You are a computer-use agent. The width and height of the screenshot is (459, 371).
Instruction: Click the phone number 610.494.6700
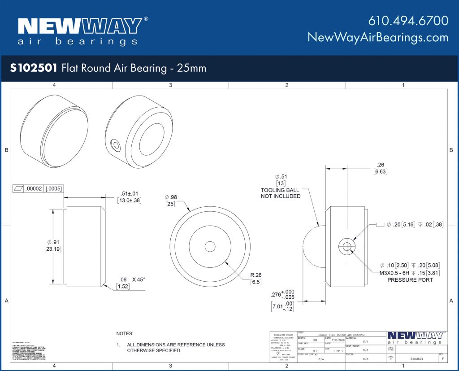(x=408, y=21)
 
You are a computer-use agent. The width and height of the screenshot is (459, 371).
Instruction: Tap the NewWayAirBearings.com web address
(x=378, y=37)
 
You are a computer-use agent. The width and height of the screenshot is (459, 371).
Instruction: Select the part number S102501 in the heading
(x=34, y=68)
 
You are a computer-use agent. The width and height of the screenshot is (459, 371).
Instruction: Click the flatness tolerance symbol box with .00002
(x=38, y=189)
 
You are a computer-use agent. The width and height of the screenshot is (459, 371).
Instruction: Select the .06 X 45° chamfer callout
(x=130, y=279)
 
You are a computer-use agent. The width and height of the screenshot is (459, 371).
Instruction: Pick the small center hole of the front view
(x=210, y=246)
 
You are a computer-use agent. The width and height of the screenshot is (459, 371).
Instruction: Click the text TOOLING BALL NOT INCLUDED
(x=281, y=193)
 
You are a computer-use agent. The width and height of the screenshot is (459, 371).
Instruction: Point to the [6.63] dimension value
(x=380, y=172)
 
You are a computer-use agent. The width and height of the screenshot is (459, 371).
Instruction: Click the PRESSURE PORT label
(x=410, y=280)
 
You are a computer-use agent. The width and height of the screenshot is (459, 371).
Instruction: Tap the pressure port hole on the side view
(x=346, y=246)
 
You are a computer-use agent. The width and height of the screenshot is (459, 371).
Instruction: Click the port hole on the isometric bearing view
(x=116, y=145)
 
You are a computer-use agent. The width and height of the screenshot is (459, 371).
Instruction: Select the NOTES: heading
(x=125, y=334)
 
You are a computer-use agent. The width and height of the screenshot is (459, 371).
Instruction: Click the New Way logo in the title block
(x=415, y=337)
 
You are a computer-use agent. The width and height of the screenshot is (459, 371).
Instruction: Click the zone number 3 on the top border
(x=170, y=85)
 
